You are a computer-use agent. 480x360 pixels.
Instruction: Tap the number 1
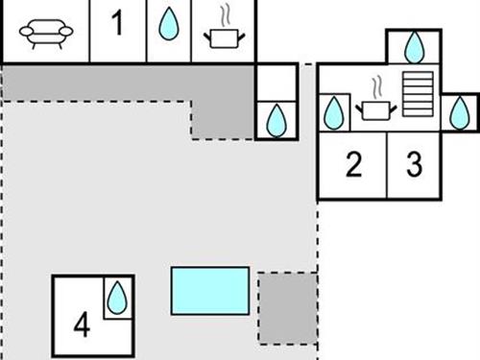coord(117,24)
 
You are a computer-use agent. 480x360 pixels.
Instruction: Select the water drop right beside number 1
coord(169,25)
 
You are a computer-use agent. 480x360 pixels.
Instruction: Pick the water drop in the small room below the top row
coord(276,120)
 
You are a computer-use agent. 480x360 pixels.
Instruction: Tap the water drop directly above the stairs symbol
coord(415,46)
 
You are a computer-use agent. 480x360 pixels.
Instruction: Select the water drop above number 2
coord(334,112)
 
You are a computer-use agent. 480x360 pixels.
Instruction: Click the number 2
coord(352,165)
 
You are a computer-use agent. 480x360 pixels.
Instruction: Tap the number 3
coord(414,165)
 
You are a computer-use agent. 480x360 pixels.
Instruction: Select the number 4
coord(82,326)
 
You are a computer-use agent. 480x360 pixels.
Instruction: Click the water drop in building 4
coord(115,298)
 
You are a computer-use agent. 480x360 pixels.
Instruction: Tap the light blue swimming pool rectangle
coord(210,291)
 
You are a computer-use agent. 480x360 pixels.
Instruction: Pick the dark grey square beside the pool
coord(287,308)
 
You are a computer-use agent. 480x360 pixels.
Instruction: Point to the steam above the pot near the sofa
coord(226,16)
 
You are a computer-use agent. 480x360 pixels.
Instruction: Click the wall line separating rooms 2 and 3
coord(386,165)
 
